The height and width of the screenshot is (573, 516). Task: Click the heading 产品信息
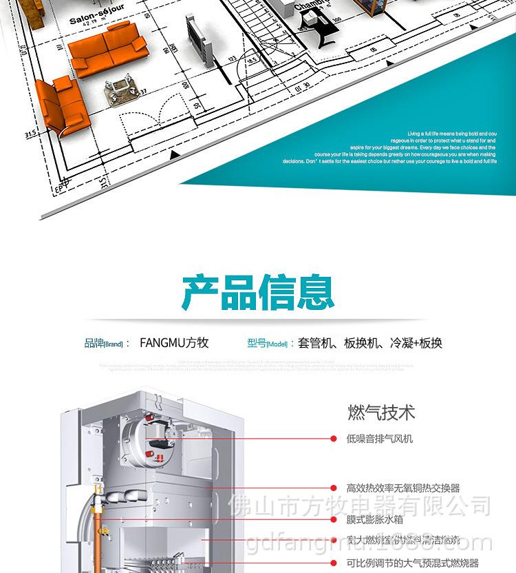click(x=258, y=293)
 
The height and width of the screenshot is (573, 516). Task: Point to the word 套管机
click(x=314, y=343)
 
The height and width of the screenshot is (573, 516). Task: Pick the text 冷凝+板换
click(x=416, y=343)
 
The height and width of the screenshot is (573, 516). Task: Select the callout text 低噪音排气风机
click(x=380, y=438)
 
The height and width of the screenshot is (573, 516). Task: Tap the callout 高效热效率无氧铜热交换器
click(x=403, y=488)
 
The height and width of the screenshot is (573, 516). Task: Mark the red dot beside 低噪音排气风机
click(x=335, y=438)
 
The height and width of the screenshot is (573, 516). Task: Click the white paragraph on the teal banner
click(x=389, y=147)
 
